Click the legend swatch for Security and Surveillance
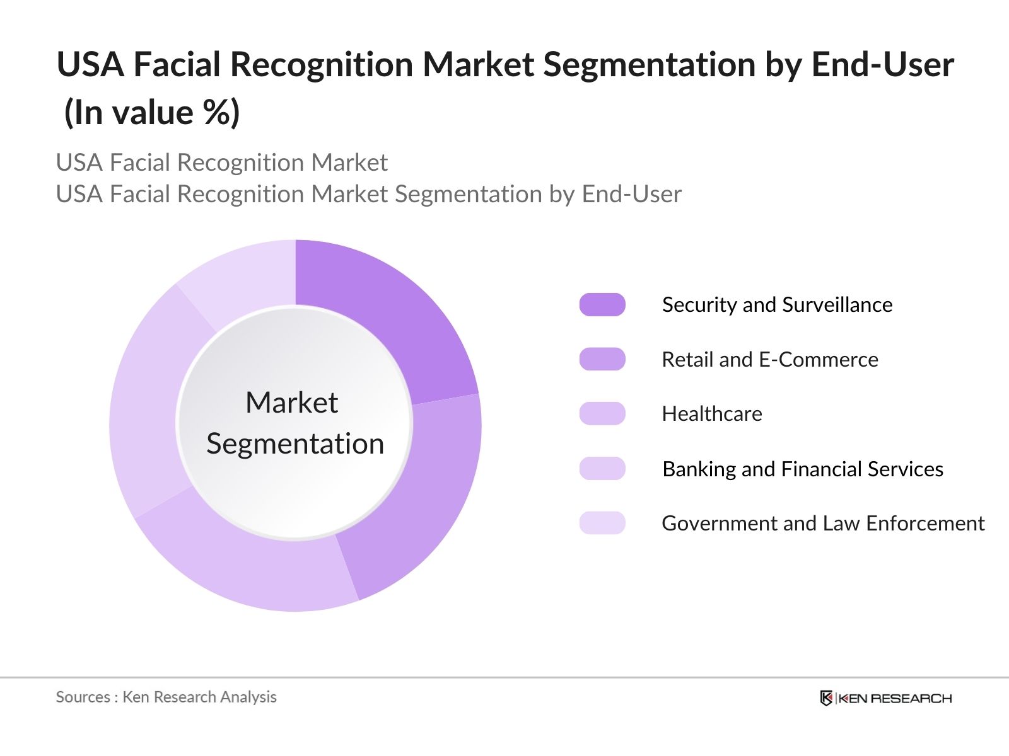(602, 305)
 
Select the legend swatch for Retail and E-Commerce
(602, 359)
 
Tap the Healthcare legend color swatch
(602, 414)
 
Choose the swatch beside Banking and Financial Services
(602, 469)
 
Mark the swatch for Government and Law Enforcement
(602, 523)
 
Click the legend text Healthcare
(711, 414)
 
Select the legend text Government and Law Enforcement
(822, 523)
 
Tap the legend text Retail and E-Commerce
(769, 359)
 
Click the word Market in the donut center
(291, 403)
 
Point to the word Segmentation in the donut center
(295, 444)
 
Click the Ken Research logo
(885, 698)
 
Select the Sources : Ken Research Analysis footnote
(166, 697)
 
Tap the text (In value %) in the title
(152, 113)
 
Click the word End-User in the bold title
(882, 64)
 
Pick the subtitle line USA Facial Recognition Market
(221, 163)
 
